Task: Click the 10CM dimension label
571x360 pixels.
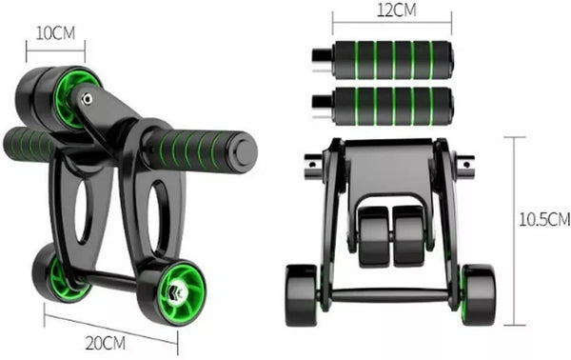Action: (55, 33)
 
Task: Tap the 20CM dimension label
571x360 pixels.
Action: (106, 343)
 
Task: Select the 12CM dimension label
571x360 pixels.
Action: (397, 10)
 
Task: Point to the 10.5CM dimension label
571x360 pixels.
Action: (544, 220)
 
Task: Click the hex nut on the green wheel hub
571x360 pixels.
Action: (177, 291)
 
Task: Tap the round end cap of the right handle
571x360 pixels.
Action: (244, 152)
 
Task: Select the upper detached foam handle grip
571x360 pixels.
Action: (392, 60)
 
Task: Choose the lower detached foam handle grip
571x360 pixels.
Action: (392, 107)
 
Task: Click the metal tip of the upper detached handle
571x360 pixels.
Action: (323, 59)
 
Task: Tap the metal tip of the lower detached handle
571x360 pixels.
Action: (323, 107)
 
